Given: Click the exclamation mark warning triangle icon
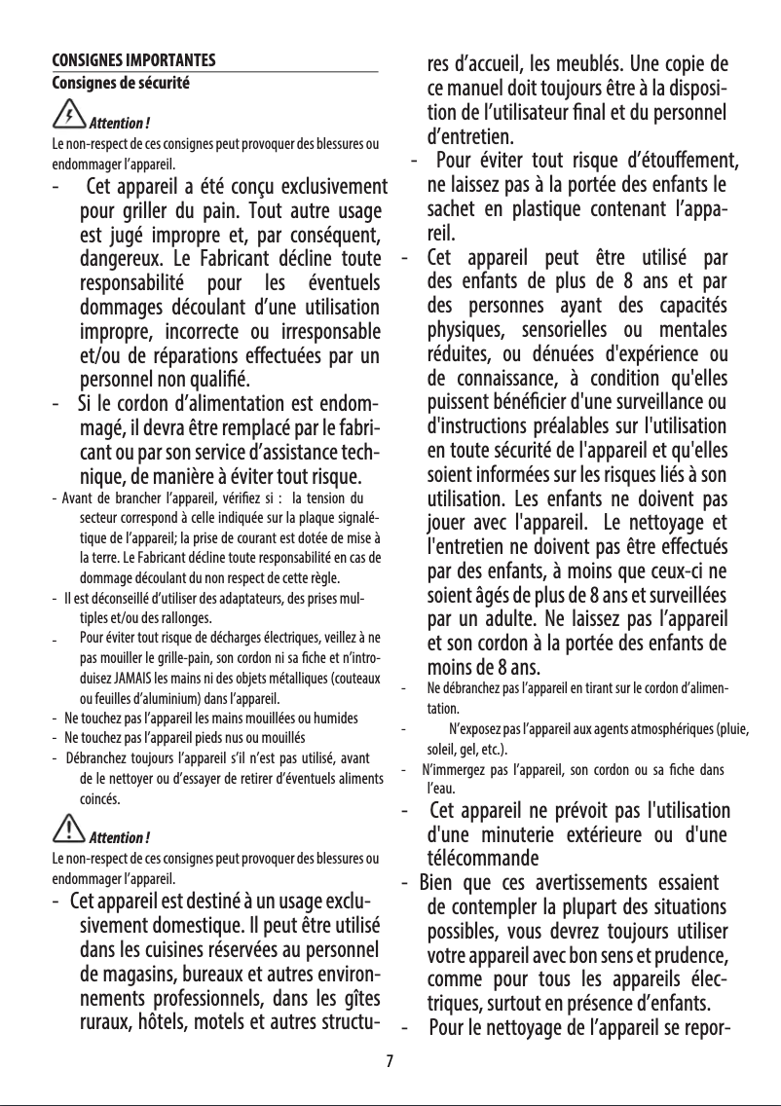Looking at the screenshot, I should click(x=69, y=829).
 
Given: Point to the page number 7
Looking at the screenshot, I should click(x=390, y=1060).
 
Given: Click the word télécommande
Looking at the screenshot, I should click(x=483, y=860).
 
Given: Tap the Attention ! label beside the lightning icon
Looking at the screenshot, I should click(x=119, y=125).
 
